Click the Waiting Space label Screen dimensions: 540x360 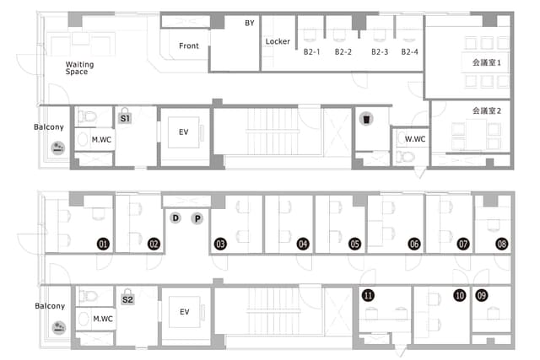point(79,68)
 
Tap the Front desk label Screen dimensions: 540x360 point(189,46)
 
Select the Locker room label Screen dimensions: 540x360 point(278,41)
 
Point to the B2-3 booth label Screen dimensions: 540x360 point(380,52)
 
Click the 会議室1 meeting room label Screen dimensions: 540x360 point(486,62)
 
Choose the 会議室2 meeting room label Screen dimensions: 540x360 point(486,110)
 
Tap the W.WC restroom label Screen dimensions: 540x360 point(415,139)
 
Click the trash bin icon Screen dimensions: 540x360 point(366,119)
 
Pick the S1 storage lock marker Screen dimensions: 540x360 point(125,116)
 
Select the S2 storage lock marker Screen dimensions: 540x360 point(127,297)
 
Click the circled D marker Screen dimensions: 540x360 point(175,218)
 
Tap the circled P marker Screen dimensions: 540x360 point(197,218)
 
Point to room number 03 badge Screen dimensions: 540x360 point(220,244)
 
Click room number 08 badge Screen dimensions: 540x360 point(502,244)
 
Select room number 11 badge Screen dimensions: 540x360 point(368,295)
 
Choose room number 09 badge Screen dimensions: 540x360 point(482,295)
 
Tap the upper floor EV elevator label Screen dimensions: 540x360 point(184,132)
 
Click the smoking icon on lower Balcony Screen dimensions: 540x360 point(59,327)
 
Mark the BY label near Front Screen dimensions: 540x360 point(250,23)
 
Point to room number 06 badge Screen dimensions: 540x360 point(414,244)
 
